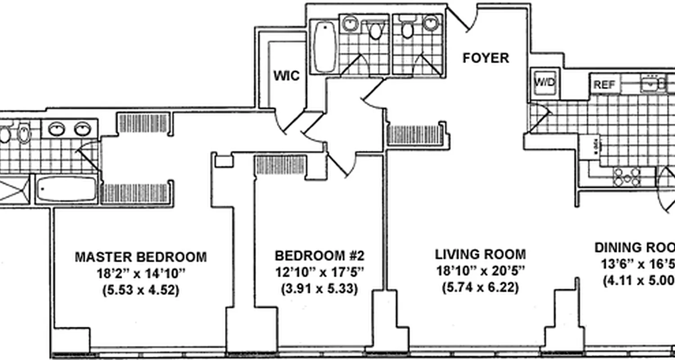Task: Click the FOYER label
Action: point(486,58)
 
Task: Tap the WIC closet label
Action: point(286,76)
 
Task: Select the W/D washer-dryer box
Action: point(544,82)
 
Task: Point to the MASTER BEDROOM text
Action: point(140,257)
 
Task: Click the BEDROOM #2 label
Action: point(319,256)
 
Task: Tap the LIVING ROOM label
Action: point(480,254)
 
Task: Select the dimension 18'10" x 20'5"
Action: point(480,270)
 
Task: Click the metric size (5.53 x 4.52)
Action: point(140,290)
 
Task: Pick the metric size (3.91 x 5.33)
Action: point(319,288)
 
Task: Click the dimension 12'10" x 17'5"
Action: point(319,272)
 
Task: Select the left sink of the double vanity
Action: point(56,129)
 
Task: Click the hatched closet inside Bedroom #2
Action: point(281,165)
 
